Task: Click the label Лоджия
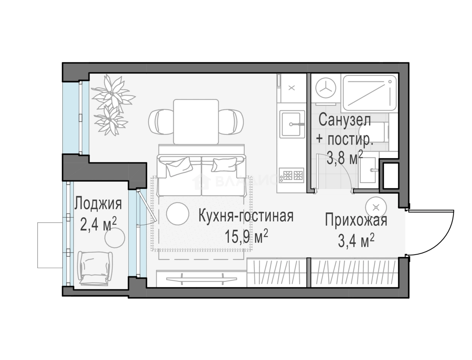click(98, 204)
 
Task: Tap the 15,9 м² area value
click(246, 237)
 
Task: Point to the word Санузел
click(344, 120)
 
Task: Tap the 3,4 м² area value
click(356, 241)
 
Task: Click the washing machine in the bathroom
click(326, 89)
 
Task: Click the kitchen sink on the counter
click(292, 123)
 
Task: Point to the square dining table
click(196, 121)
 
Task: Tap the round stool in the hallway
click(376, 207)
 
